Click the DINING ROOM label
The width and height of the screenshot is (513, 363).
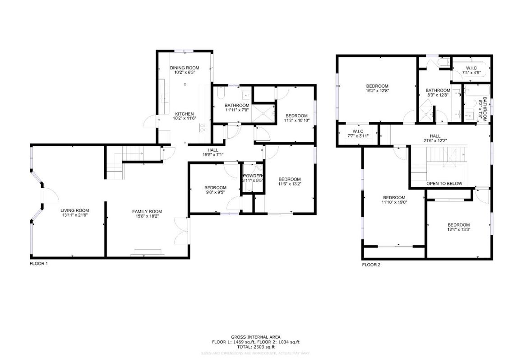pyautogui.click(x=184, y=68)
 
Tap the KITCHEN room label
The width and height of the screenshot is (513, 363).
pyautogui.click(x=185, y=114)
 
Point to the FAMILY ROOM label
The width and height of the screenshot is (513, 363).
pyautogui.click(x=147, y=211)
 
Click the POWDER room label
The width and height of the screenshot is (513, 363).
pyautogui.click(x=253, y=175)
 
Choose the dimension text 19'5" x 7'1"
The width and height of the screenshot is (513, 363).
pyautogui.click(x=213, y=155)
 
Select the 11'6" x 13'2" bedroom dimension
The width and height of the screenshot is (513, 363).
pyautogui.click(x=289, y=184)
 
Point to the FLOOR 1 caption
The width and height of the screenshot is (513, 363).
pyautogui.click(x=39, y=263)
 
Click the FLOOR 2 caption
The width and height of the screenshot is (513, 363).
pyautogui.click(x=371, y=265)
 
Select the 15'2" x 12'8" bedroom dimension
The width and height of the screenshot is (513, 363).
pyautogui.click(x=377, y=91)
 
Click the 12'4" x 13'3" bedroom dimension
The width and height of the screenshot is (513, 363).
pyautogui.click(x=458, y=230)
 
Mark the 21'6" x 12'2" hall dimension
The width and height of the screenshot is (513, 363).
pyautogui.click(x=435, y=141)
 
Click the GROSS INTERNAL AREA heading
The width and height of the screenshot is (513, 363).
pyautogui.click(x=256, y=337)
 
